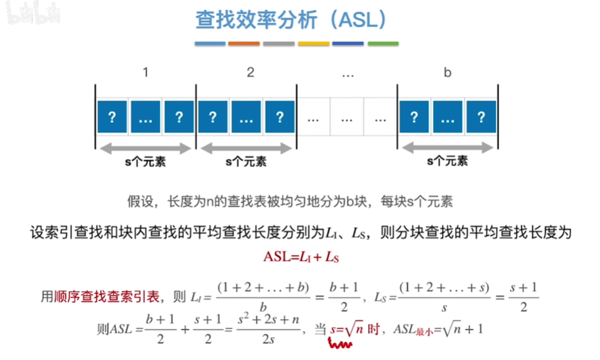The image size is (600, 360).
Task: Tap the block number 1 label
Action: click(145, 73)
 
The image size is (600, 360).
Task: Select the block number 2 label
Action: click(251, 73)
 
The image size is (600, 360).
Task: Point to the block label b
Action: click(447, 73)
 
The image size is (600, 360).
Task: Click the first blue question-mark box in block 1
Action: click(112, 117)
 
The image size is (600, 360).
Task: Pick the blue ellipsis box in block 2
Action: click(246, 117)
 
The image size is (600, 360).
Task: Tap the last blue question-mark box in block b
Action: click(481, 117)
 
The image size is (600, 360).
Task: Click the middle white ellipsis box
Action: click(347, 117)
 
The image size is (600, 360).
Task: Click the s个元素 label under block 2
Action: click(245, 162)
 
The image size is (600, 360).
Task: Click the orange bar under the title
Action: click(243, 44)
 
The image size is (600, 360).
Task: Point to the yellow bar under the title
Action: click(313, 44)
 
